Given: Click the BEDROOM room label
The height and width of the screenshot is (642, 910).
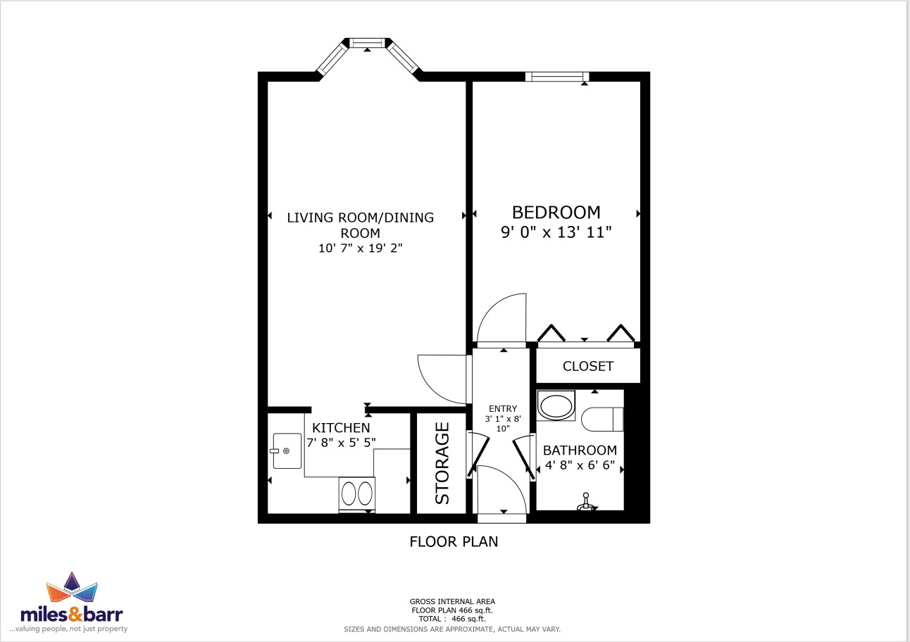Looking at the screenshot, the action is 556,213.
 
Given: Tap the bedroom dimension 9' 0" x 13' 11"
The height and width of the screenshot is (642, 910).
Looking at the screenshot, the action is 556,232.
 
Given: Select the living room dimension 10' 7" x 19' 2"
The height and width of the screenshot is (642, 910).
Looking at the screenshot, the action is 361,248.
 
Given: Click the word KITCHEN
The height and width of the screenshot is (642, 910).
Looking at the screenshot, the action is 341,427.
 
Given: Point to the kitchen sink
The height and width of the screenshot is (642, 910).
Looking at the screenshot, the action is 287,451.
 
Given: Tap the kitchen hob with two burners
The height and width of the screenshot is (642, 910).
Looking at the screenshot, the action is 357,493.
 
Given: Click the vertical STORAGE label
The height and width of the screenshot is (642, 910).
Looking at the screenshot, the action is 442,463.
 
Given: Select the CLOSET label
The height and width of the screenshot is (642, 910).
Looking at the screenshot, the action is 588,366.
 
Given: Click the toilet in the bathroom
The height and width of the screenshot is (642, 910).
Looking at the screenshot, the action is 602,419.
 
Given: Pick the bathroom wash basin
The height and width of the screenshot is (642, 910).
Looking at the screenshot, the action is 556,405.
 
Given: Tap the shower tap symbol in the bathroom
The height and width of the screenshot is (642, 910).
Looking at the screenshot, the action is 585,502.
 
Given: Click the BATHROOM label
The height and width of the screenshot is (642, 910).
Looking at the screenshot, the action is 580,451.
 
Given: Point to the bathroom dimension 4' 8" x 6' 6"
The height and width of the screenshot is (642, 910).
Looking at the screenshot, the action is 580,465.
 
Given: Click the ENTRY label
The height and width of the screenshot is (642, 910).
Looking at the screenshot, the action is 503,408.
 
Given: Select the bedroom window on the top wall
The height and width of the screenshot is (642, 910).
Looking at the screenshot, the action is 557,76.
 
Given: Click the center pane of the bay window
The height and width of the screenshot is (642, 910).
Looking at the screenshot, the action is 367,43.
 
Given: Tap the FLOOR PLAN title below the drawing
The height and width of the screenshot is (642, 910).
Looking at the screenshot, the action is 454,542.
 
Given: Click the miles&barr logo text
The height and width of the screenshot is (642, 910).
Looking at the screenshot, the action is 72,615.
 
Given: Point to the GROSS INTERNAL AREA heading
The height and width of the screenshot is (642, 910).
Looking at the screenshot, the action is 452,601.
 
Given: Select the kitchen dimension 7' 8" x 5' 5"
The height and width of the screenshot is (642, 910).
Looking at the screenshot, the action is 341,442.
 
